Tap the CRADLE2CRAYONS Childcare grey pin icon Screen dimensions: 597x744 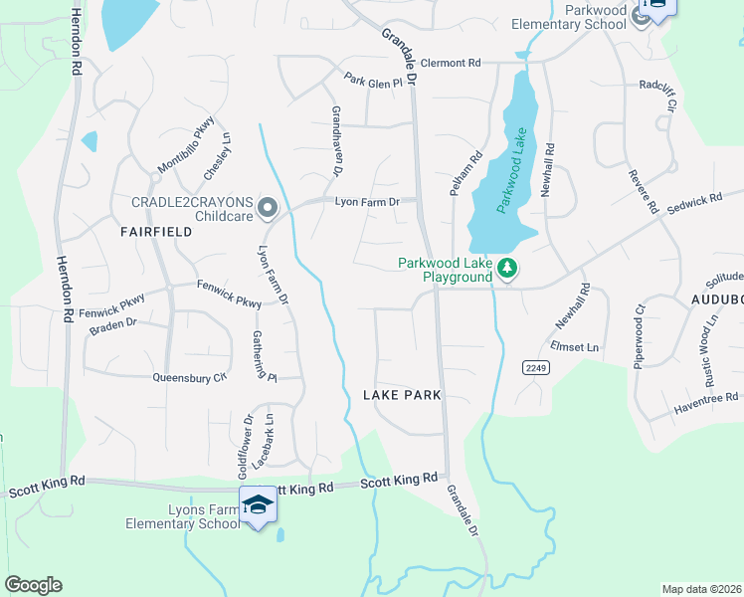click(x=267, y=208)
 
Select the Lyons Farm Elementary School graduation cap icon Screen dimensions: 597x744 click(x=259, y=505)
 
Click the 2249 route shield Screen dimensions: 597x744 click(x=535, y=368)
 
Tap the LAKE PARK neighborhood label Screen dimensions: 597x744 click(x=402, y=395)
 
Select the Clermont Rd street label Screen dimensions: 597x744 click(x=451, y=63)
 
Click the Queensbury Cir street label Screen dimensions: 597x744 click(x=190, y=377)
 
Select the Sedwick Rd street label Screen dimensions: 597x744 click(x=694, y=201)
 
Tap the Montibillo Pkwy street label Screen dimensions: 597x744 click(x=185, y=143)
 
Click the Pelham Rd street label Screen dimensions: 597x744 click(x=465, y=172)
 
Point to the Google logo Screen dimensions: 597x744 click(x=33, y=585)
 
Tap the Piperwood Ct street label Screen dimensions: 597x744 click(x=639, y=337)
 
